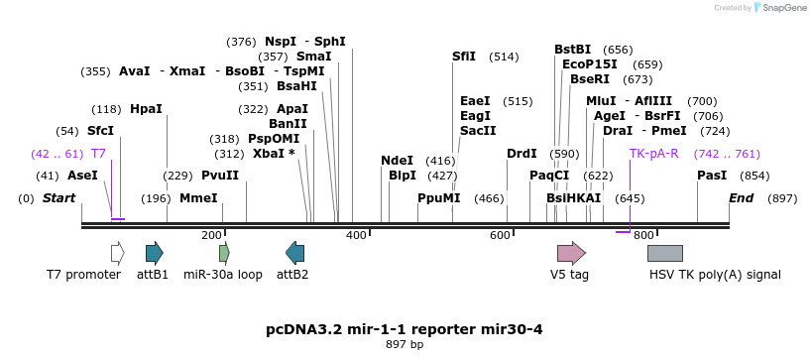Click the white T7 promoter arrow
coord(117,253)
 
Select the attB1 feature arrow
coord(154,253)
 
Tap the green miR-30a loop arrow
coord(224,253)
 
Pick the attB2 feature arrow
coord(294,253)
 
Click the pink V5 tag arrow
coord(571,253)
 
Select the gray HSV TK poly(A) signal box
coord(664,253)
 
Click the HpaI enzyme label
coord(146,109)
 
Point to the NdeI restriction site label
coord(397,161)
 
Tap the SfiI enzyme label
coord(464,57)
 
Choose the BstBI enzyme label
coord(572,50)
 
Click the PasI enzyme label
coord(712,176)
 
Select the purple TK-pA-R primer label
coord(653,154)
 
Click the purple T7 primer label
coord(98,154)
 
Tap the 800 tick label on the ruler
coord(642,235)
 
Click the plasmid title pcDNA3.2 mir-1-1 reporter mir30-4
coord(405,329)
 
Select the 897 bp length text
coord(405,345)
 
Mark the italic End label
coord(742,198)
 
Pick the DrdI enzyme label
coord(521,154)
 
